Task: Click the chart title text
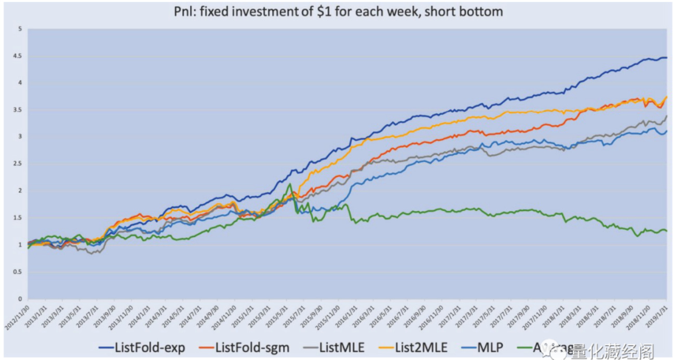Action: [338, 11]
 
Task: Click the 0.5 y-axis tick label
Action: [19, 272]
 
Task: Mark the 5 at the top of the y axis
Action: [21, 29]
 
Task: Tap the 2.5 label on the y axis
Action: [19, 164]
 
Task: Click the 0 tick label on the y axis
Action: [21, 299]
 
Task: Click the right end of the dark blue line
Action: [666, 58]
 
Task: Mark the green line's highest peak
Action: [290, 184]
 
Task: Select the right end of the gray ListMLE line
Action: [666, 116]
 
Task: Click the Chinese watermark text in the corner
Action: [612, 352]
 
